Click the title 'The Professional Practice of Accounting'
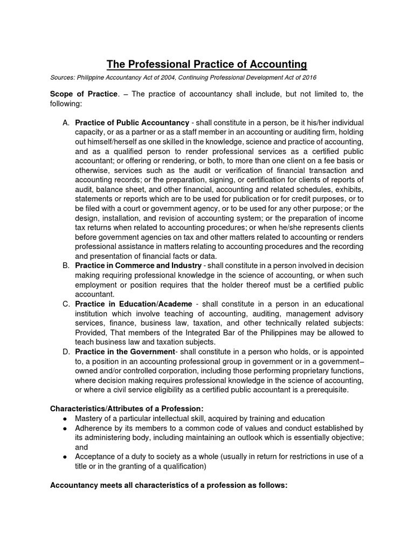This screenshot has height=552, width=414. tap(206, 65)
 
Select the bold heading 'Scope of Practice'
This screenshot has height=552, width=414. tap(84, 94)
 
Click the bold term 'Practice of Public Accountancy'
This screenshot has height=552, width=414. tap(132, 122)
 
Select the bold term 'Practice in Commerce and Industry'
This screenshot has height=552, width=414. tap(138, 266)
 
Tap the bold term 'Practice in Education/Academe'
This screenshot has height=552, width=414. tap(133, 304)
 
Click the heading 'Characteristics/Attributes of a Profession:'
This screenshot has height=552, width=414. tap(127, 408)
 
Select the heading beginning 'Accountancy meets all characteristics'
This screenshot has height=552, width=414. tap(169, 485)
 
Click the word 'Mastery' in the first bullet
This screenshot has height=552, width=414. tap(89, 418)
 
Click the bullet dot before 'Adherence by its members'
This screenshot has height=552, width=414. tap(65, 428)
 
